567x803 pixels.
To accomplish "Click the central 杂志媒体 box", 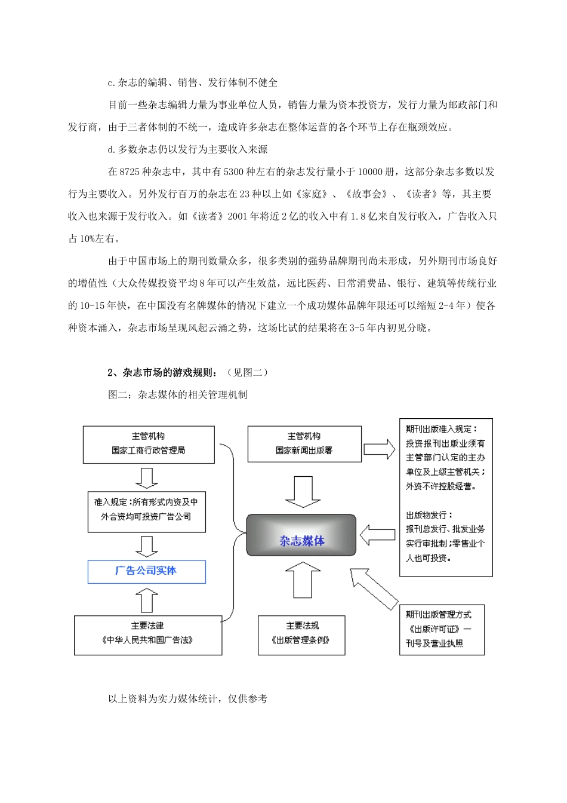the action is tap(301, 535).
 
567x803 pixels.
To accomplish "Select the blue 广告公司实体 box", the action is tap(147, 571).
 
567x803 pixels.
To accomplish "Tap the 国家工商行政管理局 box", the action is tap(148, 444).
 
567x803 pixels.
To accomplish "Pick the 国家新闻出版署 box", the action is tap(304, 444).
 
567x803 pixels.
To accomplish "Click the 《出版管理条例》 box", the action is tap(301, 635).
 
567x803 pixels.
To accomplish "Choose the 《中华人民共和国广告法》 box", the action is tap(148, 635).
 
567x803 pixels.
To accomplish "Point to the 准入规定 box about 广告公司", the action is tap(146, 510).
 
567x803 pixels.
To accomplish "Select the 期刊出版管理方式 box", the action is tap(442, 629).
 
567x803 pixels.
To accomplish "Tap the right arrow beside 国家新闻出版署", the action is tap(380, 449).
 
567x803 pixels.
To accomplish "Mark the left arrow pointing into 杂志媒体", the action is tap(377, 535).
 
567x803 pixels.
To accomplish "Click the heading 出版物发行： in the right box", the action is tap(429, 515).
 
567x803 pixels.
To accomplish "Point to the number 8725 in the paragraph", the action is tap(130, 172).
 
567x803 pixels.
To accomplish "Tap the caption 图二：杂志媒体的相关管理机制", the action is tap(177, 395).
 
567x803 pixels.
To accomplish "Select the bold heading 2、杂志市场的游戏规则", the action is tap(163, 373).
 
